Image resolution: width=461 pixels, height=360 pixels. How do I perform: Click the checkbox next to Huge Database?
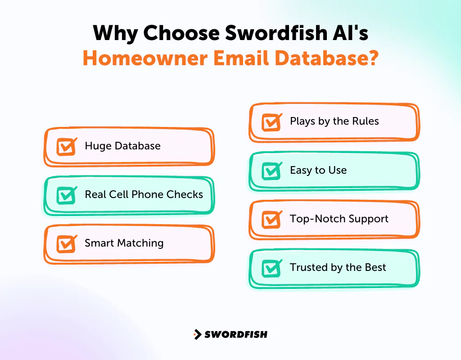point(66,147)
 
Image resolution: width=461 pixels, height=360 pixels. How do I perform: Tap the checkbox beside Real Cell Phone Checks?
point(66,195)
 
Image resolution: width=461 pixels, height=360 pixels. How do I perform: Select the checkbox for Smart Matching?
point(66,244)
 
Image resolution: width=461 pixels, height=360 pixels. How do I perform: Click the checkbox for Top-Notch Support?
point(271,220)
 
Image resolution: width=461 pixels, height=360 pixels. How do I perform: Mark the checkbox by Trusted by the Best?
point(271,268)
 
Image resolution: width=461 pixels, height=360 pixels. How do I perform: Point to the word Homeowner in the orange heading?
point(149,58)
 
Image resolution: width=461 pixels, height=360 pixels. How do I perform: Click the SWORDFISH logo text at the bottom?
point(236,334)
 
